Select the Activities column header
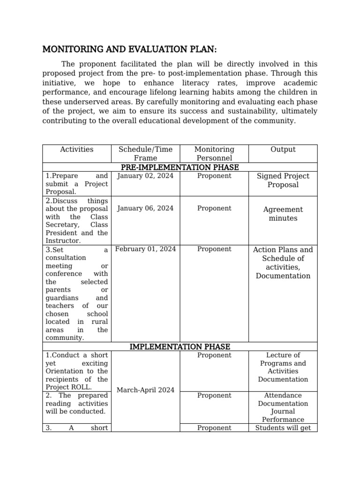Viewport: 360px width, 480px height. tap(76, 150)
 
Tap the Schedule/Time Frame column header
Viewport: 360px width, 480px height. tap(145, 154)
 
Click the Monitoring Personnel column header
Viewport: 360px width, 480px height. tap(214, 154)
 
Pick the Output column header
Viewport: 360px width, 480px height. tap(283, 150)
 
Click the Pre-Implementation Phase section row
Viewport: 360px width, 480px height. tap(180, 167)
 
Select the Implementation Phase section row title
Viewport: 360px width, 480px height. tap(180, 347)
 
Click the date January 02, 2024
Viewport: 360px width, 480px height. tap(145, 176)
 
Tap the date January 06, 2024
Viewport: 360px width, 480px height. tap(145, 208)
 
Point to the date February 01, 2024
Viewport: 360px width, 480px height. tap(145, 249)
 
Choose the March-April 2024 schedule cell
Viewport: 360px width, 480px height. tap(145, 390)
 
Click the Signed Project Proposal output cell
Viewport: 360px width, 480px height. tap(283, 180)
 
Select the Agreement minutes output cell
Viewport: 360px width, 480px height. tap(283, 214)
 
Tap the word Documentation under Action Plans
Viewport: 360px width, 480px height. tap(283, 276)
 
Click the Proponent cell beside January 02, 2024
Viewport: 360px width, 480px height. tap(214, 176)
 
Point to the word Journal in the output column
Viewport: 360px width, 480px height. tap(283, 412)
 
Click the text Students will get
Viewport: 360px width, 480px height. tap(283, 427)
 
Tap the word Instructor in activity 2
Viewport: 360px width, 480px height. tap(63, 241)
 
